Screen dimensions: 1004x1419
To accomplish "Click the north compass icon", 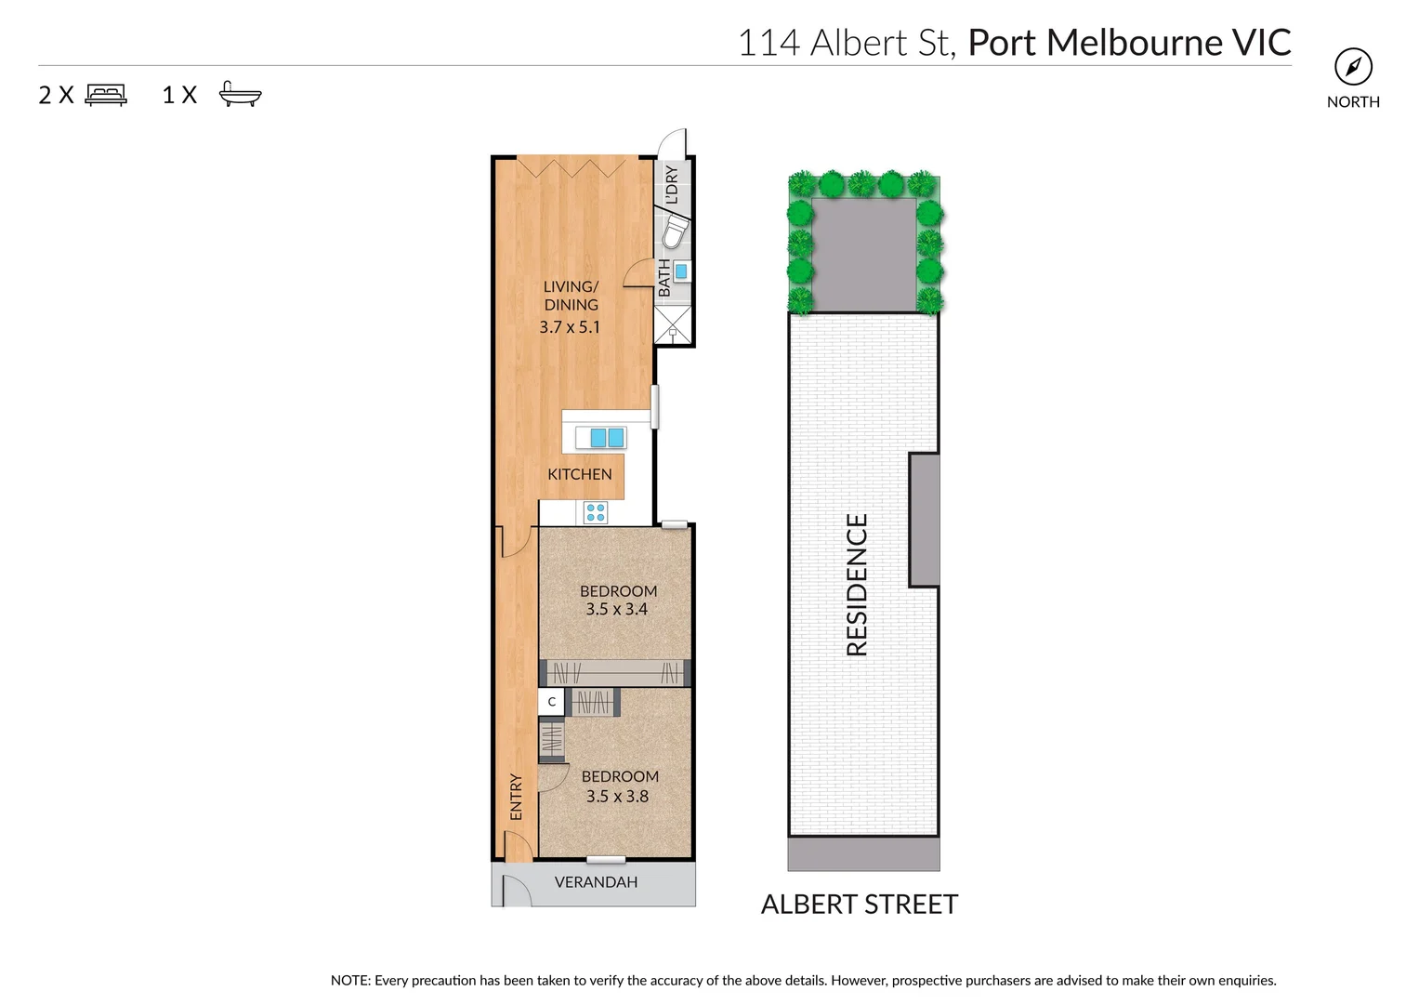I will (1353, 67).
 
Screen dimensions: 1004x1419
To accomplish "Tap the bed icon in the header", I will (106, 95).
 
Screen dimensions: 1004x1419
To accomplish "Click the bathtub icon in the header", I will (241, 95).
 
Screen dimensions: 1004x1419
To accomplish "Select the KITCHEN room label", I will (579, 474).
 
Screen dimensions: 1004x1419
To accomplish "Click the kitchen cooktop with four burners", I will (596, 512).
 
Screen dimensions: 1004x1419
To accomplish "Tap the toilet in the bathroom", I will (675, 232).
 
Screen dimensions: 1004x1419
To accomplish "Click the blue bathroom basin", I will (681, 271).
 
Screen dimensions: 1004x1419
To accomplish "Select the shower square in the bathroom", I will (673, 325).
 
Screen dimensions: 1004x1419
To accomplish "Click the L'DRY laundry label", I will (672, 184).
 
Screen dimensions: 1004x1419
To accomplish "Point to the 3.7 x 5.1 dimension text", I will (570, 327).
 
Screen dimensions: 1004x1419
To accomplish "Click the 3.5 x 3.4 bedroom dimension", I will (617, 610).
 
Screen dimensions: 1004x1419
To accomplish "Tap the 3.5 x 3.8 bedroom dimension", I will (617, 797).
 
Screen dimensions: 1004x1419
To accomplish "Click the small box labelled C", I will (552, 702).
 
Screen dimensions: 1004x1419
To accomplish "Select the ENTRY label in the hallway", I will (516, 797).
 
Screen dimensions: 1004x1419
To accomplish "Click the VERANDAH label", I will (596, 882).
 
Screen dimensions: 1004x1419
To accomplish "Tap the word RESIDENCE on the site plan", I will (857, 585).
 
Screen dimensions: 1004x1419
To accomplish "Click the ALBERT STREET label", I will (860, 905).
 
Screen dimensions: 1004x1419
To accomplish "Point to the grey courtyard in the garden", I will (864, 255).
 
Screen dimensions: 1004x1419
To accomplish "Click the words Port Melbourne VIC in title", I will (1129, 43).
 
